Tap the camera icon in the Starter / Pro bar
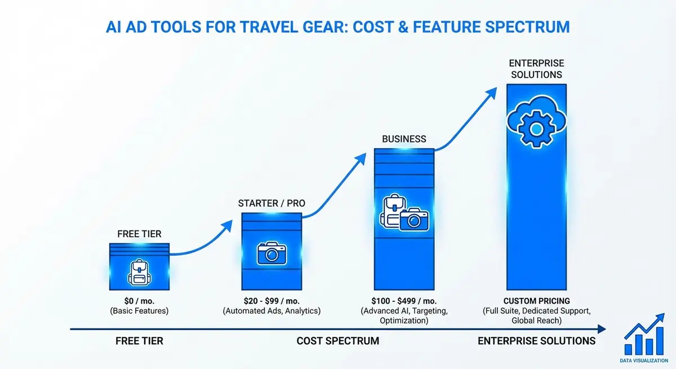tap(272, 253)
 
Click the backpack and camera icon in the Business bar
tap(404, 213)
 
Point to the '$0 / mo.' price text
tap(139, 301)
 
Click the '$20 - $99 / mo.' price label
tap(272, 301)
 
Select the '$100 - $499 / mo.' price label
tap(404, 301)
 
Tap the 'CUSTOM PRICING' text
tap(536, 301)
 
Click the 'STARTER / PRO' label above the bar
tap(272, 203)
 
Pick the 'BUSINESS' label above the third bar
tap(404, 139)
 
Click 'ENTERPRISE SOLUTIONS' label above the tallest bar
tap(536, 69)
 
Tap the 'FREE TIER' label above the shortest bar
tap(139, 233)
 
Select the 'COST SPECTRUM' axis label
tap(337, 341)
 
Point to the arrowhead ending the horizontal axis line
tap(602, 329)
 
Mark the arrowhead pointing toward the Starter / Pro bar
tap(226, 225)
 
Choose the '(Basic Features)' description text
tap(139, 311)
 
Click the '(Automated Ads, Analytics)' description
tap(272, 311)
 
